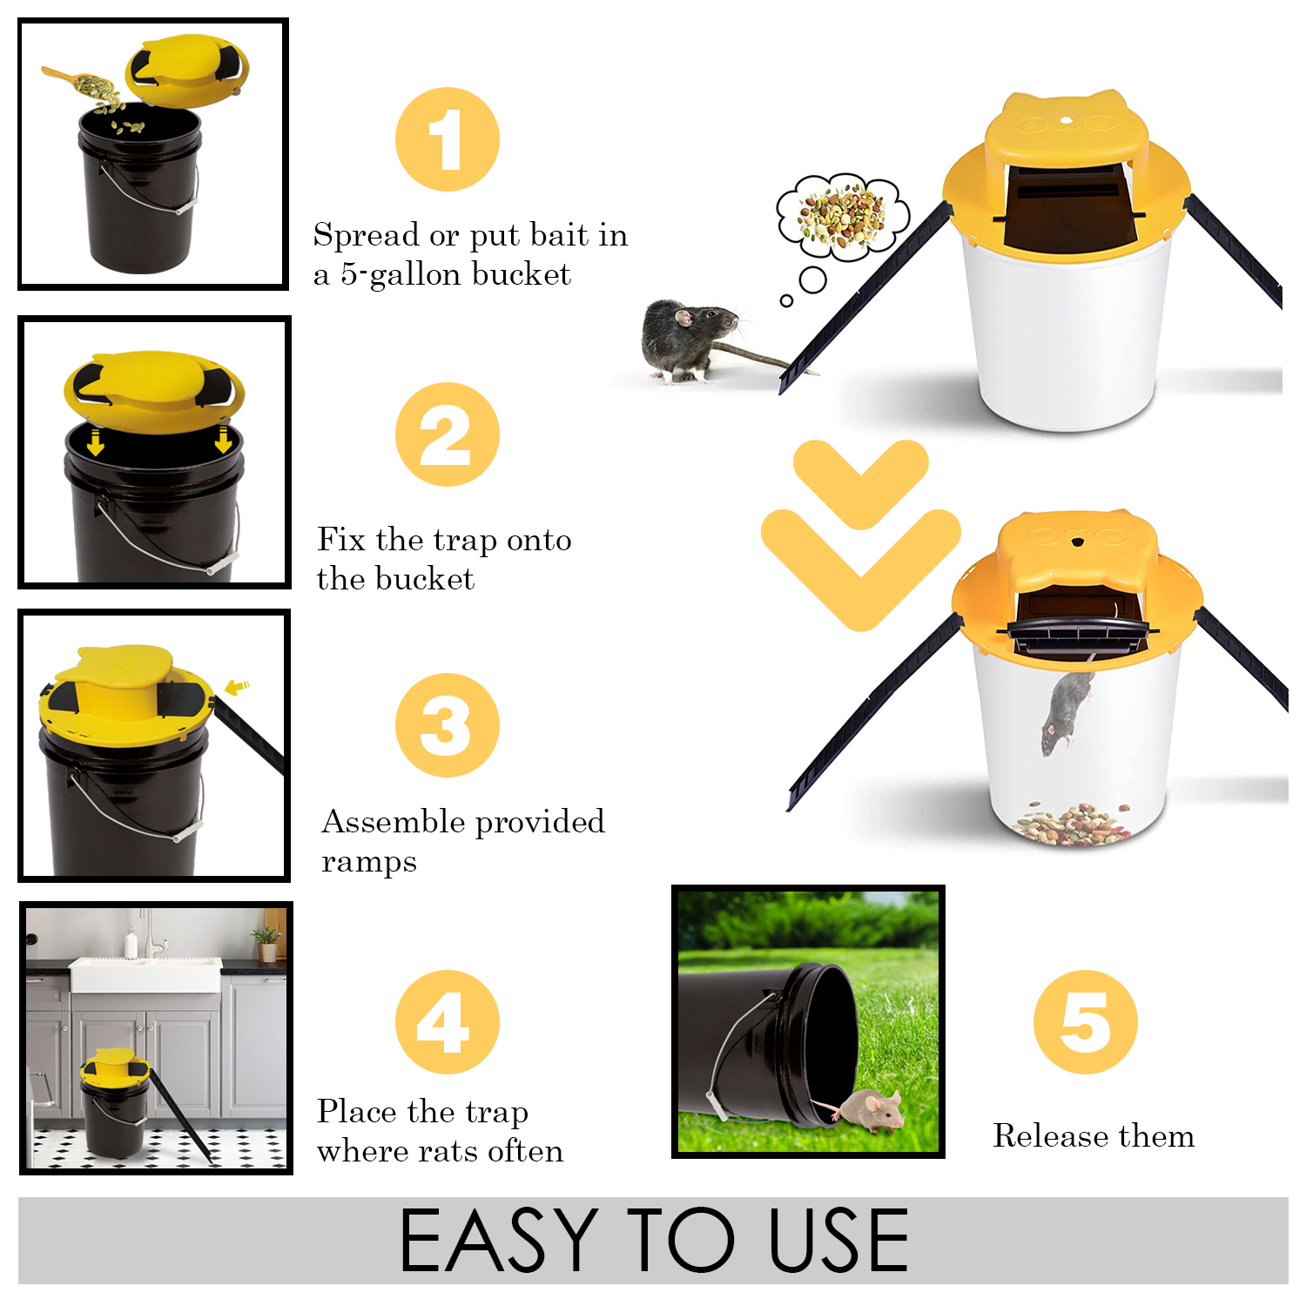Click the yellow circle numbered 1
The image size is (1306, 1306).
pos(448,139)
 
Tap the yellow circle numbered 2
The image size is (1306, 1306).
pos(448,434)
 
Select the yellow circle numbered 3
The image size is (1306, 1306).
pos(448,725)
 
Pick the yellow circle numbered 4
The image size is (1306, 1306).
pos(448,1022)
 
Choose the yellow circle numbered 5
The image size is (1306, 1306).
pos(1086,1022)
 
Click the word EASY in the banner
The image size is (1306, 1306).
pos(498,1240)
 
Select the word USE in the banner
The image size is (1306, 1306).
pos(839,1240)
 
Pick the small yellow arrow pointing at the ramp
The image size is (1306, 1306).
pos(237,687)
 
